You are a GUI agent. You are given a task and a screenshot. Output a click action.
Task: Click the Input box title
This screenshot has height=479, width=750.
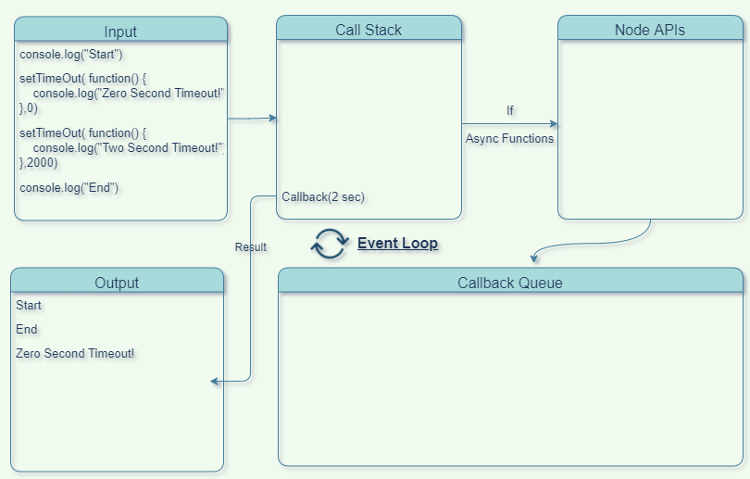coord(120,32)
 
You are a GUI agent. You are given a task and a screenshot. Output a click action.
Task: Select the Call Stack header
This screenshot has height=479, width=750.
coord(369,30)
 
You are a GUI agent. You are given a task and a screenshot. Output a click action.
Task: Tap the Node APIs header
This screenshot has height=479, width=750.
coord(650,30)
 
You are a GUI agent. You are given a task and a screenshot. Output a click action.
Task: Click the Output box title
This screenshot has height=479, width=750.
coord(117,283)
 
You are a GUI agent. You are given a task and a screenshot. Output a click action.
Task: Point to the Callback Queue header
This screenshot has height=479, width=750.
coord(510,283)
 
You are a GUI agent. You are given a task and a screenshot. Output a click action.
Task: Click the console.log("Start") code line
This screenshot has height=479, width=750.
coord(71,55)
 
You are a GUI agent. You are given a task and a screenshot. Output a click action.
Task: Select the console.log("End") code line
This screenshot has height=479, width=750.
coord(69,188)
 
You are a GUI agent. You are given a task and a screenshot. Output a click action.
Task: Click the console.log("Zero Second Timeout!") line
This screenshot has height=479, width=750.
coord(129,94)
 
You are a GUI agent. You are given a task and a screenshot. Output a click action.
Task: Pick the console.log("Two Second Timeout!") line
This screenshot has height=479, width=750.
coord(129,148)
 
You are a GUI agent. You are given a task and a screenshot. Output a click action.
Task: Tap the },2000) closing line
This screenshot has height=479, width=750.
coord(39,162)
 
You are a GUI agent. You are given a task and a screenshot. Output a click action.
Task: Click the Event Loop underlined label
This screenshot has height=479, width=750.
coord(397,244)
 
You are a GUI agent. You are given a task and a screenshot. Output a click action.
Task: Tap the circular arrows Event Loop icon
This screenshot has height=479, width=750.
coord(329,244)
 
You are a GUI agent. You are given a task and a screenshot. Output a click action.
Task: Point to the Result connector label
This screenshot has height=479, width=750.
coord(250,247)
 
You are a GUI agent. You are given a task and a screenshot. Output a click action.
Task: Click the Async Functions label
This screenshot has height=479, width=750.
coord(509,139)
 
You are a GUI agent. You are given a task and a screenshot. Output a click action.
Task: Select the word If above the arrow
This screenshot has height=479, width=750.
coord(509,110)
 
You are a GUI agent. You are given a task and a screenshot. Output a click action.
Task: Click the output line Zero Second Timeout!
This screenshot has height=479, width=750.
coord(75,353)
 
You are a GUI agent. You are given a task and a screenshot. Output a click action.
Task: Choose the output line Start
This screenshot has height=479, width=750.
coord(29,305)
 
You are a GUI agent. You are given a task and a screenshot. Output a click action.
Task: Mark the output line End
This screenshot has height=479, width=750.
coord(27,329)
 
